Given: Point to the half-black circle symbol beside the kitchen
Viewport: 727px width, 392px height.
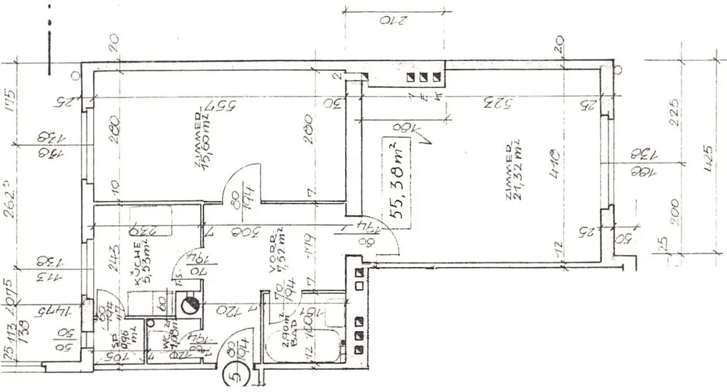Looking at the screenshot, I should pos(189,306).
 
